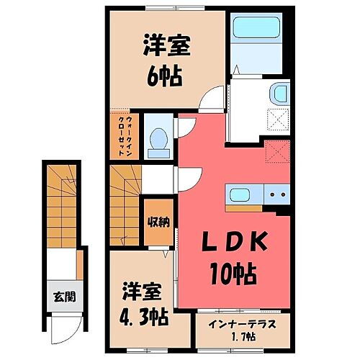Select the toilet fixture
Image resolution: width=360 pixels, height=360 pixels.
tap(156, 137)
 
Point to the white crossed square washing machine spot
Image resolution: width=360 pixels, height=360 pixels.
tap(278, 118)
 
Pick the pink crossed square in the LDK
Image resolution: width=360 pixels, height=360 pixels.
tap(276, 152)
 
